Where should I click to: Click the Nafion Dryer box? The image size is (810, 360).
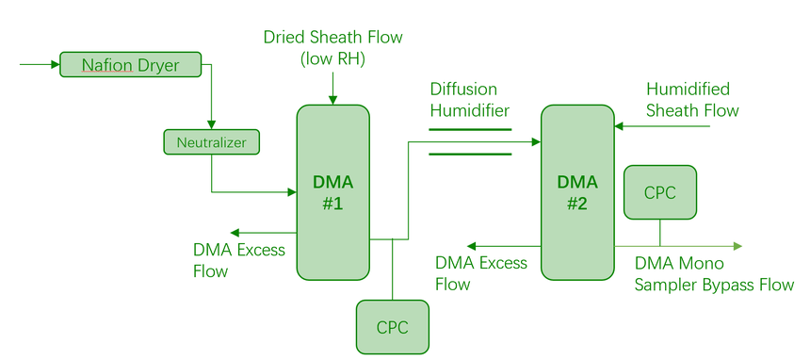pos(130,65)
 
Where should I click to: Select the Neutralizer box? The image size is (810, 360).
pos(211,142)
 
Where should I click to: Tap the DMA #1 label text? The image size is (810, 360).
pos(332,193)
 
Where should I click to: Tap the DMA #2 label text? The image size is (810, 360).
pos(577,193)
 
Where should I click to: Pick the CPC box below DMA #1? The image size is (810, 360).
pos(393,327)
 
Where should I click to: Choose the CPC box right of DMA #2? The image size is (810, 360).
pos(660,192)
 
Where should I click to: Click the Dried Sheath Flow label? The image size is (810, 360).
pos(332,38)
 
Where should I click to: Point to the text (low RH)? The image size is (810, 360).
pos(332,59)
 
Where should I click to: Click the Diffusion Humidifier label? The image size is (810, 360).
pos(470,99)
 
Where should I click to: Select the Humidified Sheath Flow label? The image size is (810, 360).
pos(692,99)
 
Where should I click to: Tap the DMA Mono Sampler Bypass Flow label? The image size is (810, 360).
pos(714,273)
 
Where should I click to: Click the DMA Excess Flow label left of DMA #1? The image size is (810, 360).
pos(238,260)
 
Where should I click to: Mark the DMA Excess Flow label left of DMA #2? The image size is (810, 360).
pos(481,273)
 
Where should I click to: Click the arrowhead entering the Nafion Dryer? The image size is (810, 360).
pos(56,65)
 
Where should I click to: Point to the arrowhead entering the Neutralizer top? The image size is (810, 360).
pos(211,124)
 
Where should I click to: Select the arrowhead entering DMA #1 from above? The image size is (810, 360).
pos(332,100)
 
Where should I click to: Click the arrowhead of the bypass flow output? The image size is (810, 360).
pos(737,246)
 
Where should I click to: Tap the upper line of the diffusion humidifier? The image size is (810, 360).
pos(470,129)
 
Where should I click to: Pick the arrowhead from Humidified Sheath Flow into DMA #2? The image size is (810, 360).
pos(620,125)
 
